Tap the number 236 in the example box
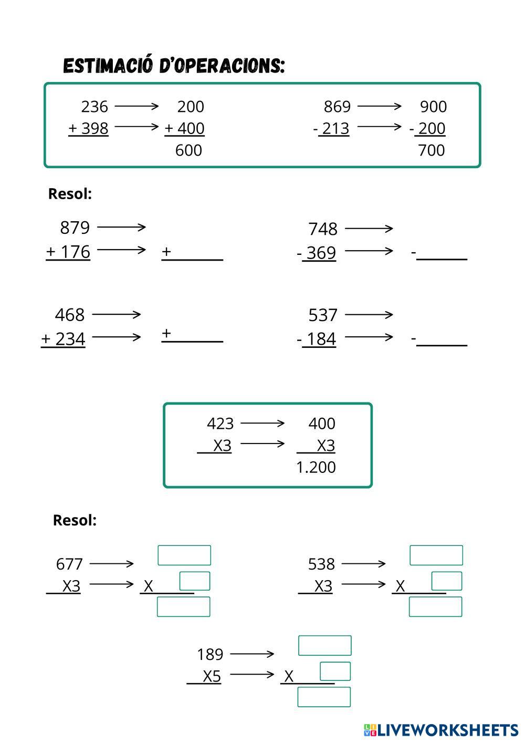coord(94,107)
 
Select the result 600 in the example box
coord(188,150)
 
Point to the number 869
coord(337,107)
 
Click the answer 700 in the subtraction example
coord(431,150)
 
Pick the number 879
coord(75,228)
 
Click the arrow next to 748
coord(369,229)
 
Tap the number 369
coord(321,253)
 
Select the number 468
coord(70,315)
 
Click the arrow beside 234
coord(117,337)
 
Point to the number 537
coord(323,315)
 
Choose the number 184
coord(321,339)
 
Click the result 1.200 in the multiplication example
coord(316,467)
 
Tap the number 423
coord(220,424)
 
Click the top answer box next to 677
coord(184,555)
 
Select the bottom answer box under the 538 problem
coord(436,607)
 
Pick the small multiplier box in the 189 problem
coord(335,672)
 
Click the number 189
coord(210,654)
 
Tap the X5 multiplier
coord(212,676)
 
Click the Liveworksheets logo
coord(441,730)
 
